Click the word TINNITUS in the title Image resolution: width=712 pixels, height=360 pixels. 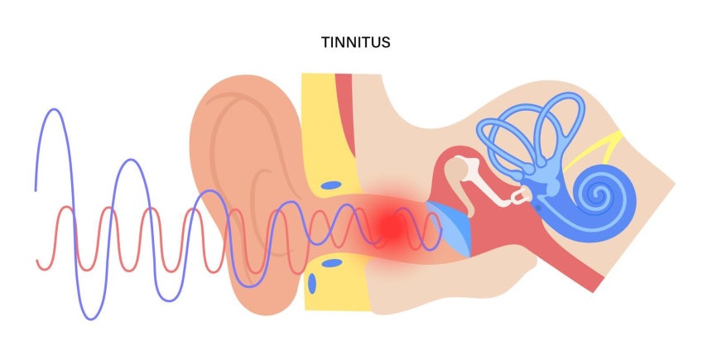point(356,41)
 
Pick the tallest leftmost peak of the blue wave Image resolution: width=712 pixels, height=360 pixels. point(54,110)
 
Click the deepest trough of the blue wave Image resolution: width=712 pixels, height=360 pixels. point(87,317)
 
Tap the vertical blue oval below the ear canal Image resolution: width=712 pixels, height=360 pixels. point(314,284)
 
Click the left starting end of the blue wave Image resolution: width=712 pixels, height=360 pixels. point(36,190)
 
